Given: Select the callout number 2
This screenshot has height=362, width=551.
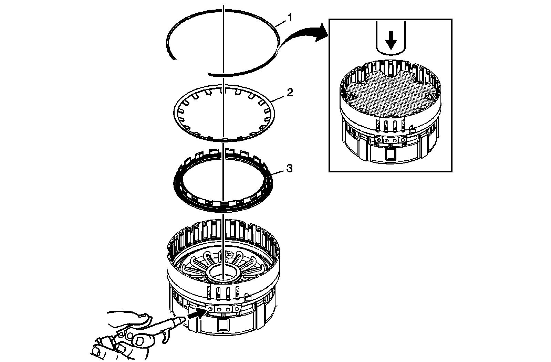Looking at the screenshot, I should (x=290, y=93).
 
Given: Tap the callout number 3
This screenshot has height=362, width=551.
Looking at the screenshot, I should (x=290, y=169).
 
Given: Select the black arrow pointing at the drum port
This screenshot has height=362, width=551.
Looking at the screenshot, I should (x=196, y=313).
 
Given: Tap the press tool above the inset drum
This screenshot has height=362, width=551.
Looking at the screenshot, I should (x=391, y=38).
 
